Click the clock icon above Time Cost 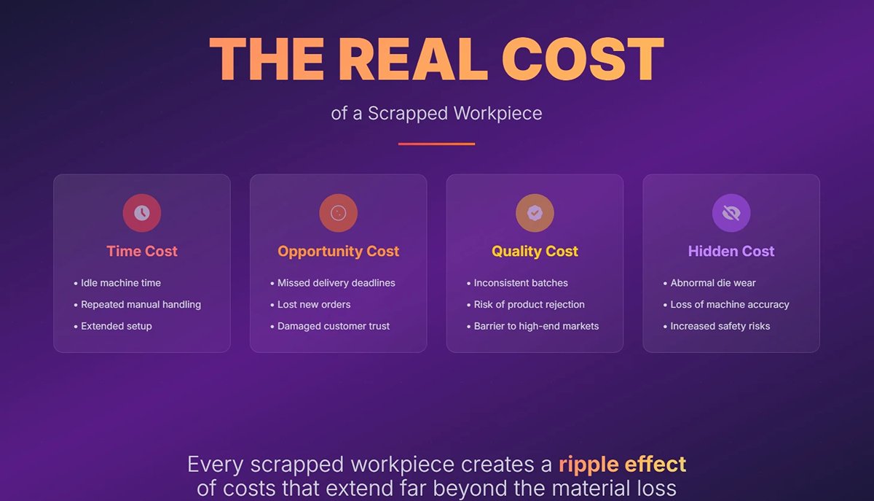[x=142, y=213]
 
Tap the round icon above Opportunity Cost [x=338, y=213]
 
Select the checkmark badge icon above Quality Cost [x=535, y=213]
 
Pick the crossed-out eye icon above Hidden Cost [x=731, y=213]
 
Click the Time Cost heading [x=142, y=252]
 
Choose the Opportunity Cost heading [x=338, y=252]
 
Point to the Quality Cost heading [x=535, y=252]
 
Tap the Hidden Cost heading [x=731, y=252]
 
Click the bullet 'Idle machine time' [x=121, y=283]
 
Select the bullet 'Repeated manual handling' [x=141, y=305]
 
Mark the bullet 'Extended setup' [x=117, y=327]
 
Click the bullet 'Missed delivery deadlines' [x=336, y=283]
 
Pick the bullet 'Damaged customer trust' [x=334, y=327]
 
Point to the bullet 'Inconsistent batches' [x=521, y=283]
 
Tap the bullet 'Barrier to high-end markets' [x=536, y=327]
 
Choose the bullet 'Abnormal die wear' [x=713, y=283]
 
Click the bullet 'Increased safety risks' [x=720, y=327]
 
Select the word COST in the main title [x=583, y=59]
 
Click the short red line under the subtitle [x=436, y=144]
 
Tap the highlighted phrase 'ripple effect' [x=622, y=465]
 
